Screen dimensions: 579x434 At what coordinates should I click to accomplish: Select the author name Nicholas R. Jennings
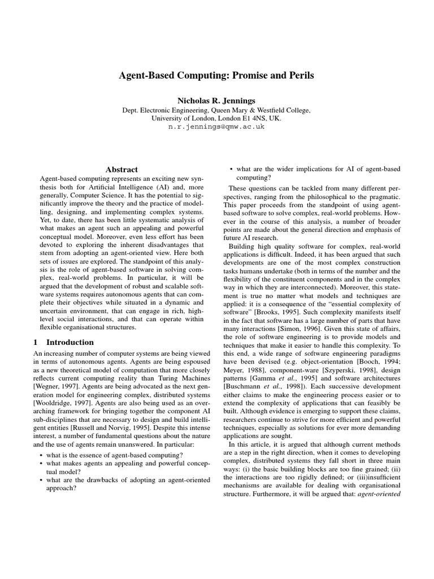[x=216, y=100]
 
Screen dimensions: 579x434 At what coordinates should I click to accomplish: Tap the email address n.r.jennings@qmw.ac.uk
[x=216, y=127]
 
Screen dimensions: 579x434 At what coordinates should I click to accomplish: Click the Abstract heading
[x=121, y=169]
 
